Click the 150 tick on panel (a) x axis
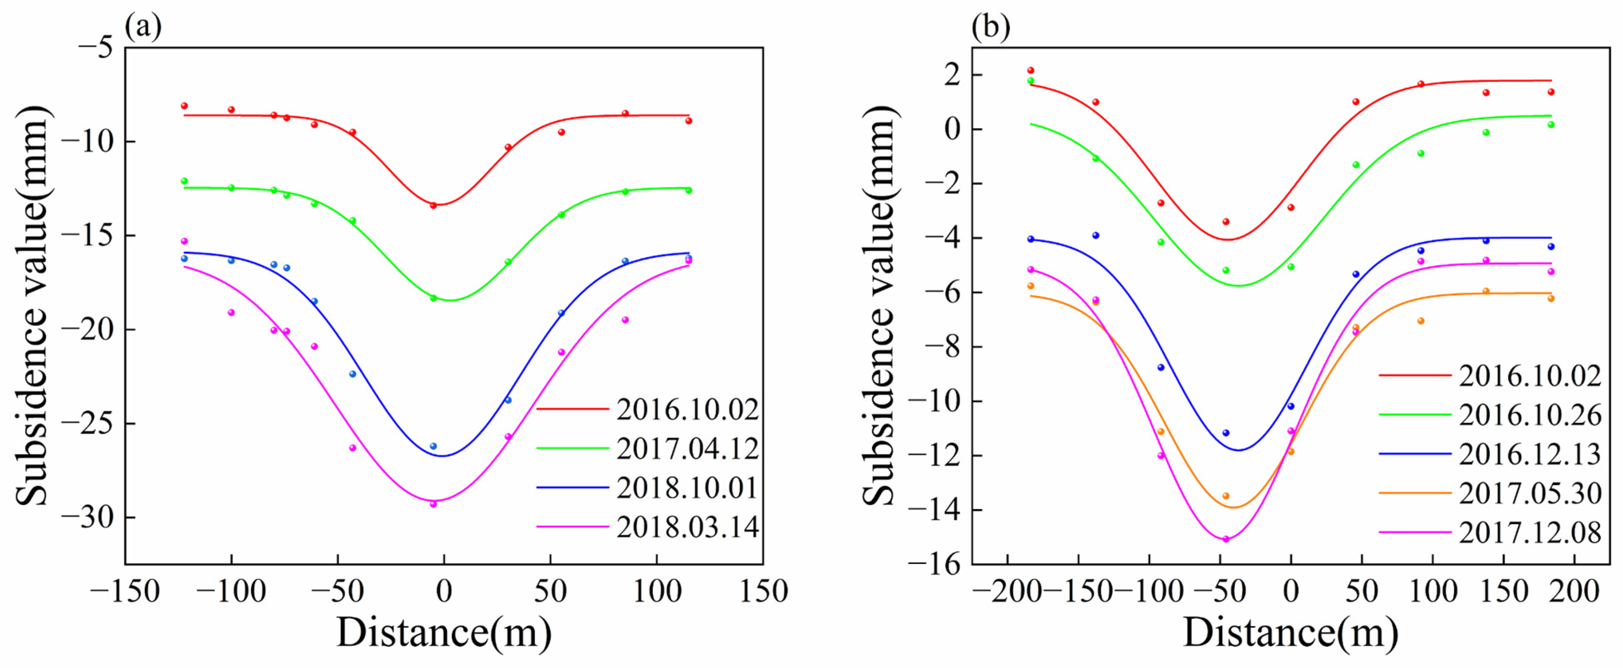pos(763,592)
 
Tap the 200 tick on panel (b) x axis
pos(1574,592)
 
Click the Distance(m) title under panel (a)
pos(444,633)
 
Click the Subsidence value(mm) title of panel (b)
pos(879,305)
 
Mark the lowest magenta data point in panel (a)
pos(433,504)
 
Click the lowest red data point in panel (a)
pos(433,205)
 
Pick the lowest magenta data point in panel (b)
pos(1225,539)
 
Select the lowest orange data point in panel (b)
pos(1225,496)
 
